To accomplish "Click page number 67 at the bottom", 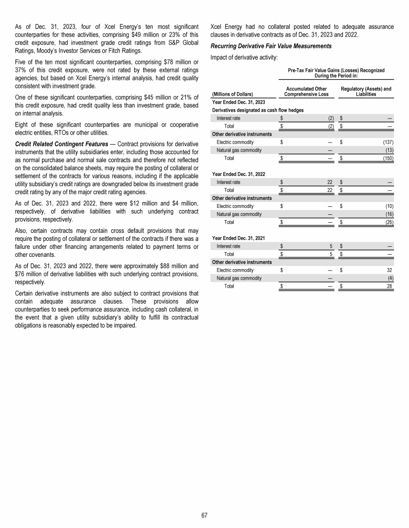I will click(204, 515).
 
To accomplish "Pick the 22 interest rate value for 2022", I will click(330, 182).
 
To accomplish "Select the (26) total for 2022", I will click(388, 222).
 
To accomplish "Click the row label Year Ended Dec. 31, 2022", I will click(239, 174).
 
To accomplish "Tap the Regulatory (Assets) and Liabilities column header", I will click(365, 91).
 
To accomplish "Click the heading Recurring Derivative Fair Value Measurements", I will click(271, 46).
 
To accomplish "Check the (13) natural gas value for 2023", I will click(389, 150).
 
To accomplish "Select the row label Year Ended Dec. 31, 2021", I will click(239, 238).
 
